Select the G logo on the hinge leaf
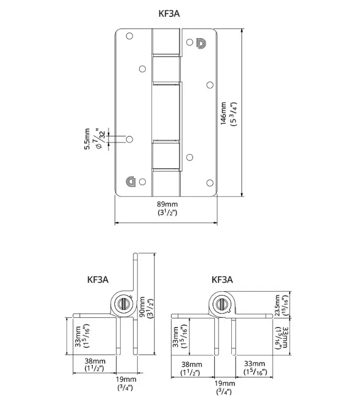[x=131, y=181]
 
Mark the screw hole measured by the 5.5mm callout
[x=130, y=139]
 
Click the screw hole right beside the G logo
[x=143, y=181]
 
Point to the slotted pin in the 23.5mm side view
[x=223, y=303]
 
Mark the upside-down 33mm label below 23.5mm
[x=281, y=337]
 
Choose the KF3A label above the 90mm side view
[x=98, y=280]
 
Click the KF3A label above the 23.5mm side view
[x=222, y=280]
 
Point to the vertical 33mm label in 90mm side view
[x=82, y=337]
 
